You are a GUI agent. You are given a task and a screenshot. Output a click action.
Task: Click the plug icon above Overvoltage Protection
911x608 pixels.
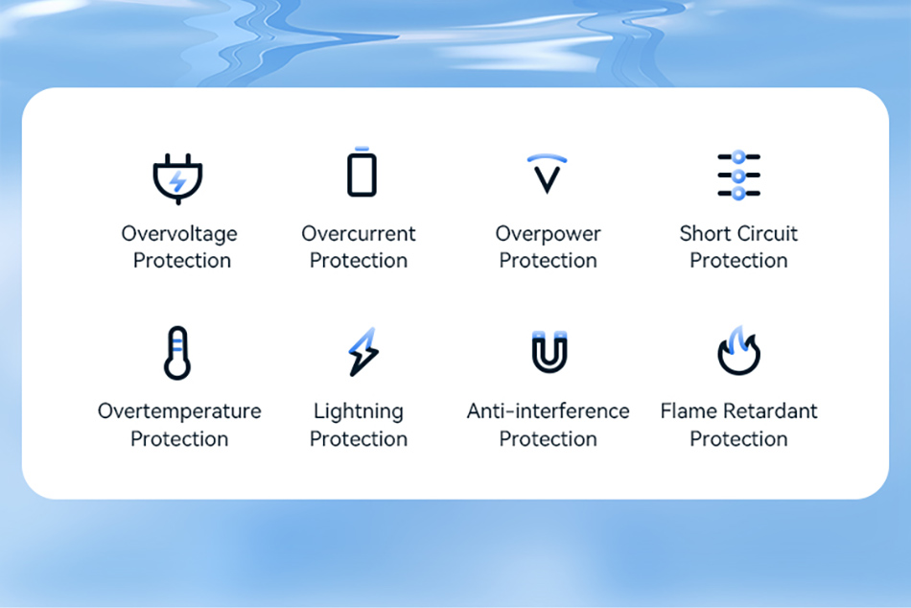coord(177,178)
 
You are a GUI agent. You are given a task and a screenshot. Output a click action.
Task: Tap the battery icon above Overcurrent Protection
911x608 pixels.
coord(362,172)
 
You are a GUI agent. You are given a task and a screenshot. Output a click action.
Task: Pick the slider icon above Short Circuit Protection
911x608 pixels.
coord(738,175)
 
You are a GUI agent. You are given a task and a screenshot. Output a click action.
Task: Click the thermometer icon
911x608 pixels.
coord(177,353)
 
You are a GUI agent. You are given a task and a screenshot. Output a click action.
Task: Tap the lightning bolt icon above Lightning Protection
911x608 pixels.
coord(363,352)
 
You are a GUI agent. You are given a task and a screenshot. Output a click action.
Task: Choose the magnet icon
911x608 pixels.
coord(549,351)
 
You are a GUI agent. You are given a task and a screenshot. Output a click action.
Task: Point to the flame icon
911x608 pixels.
coord(738,350)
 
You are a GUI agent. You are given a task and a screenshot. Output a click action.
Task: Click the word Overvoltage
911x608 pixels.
coord(179,234)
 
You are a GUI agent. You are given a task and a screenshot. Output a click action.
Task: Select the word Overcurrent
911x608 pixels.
coord(359,233)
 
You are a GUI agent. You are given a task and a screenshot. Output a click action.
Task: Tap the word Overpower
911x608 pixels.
coord(548,234)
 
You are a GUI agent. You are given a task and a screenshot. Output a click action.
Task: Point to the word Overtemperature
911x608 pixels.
coord(179,411)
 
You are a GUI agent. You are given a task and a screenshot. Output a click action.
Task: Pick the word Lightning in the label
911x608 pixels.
coord(359,411)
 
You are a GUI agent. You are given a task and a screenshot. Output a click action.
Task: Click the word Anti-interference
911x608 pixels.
coord(548,411)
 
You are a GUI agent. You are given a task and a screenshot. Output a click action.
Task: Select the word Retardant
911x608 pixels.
coord(770,411)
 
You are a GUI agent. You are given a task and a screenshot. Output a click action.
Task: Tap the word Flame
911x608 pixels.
coord(689,411)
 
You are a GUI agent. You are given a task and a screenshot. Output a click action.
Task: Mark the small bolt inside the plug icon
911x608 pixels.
coord(177,182)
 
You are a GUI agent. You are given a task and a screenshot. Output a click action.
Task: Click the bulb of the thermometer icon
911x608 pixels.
coord(177,367)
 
